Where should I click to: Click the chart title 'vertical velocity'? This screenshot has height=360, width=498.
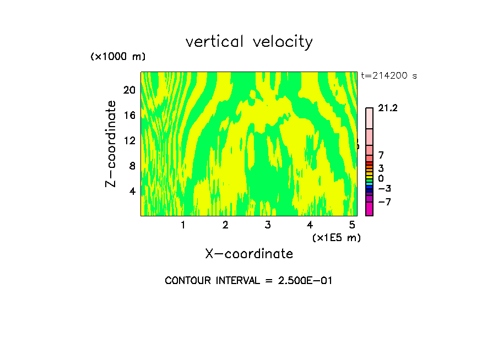coord(249,42)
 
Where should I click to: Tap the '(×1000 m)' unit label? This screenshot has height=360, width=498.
coord(117,57)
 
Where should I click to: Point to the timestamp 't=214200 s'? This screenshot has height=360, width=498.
coord(389,76)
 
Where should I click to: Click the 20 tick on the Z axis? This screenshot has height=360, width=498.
coord(129,90)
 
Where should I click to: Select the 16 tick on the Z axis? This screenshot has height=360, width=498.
coord(129,115)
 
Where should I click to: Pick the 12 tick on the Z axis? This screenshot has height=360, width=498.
coord(129,140)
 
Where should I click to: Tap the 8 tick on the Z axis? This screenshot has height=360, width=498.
coord(132,166)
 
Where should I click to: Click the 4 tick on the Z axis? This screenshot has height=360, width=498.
coord(132,191)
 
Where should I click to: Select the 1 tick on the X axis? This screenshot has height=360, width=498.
coord(183,225)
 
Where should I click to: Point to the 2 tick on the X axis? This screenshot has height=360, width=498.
coord(225,225)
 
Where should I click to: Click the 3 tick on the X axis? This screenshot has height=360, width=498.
coord(268,225)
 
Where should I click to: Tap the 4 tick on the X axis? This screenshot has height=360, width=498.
coord(310,225)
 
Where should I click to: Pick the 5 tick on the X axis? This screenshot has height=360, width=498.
coord(352,225)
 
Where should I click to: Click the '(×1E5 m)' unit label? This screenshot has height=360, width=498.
coord(336,237)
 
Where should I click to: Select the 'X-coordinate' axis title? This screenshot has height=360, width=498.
coord(249,254)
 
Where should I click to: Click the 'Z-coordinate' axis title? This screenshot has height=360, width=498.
coord(111,144)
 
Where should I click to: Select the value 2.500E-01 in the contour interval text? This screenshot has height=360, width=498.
coord(302,281)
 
